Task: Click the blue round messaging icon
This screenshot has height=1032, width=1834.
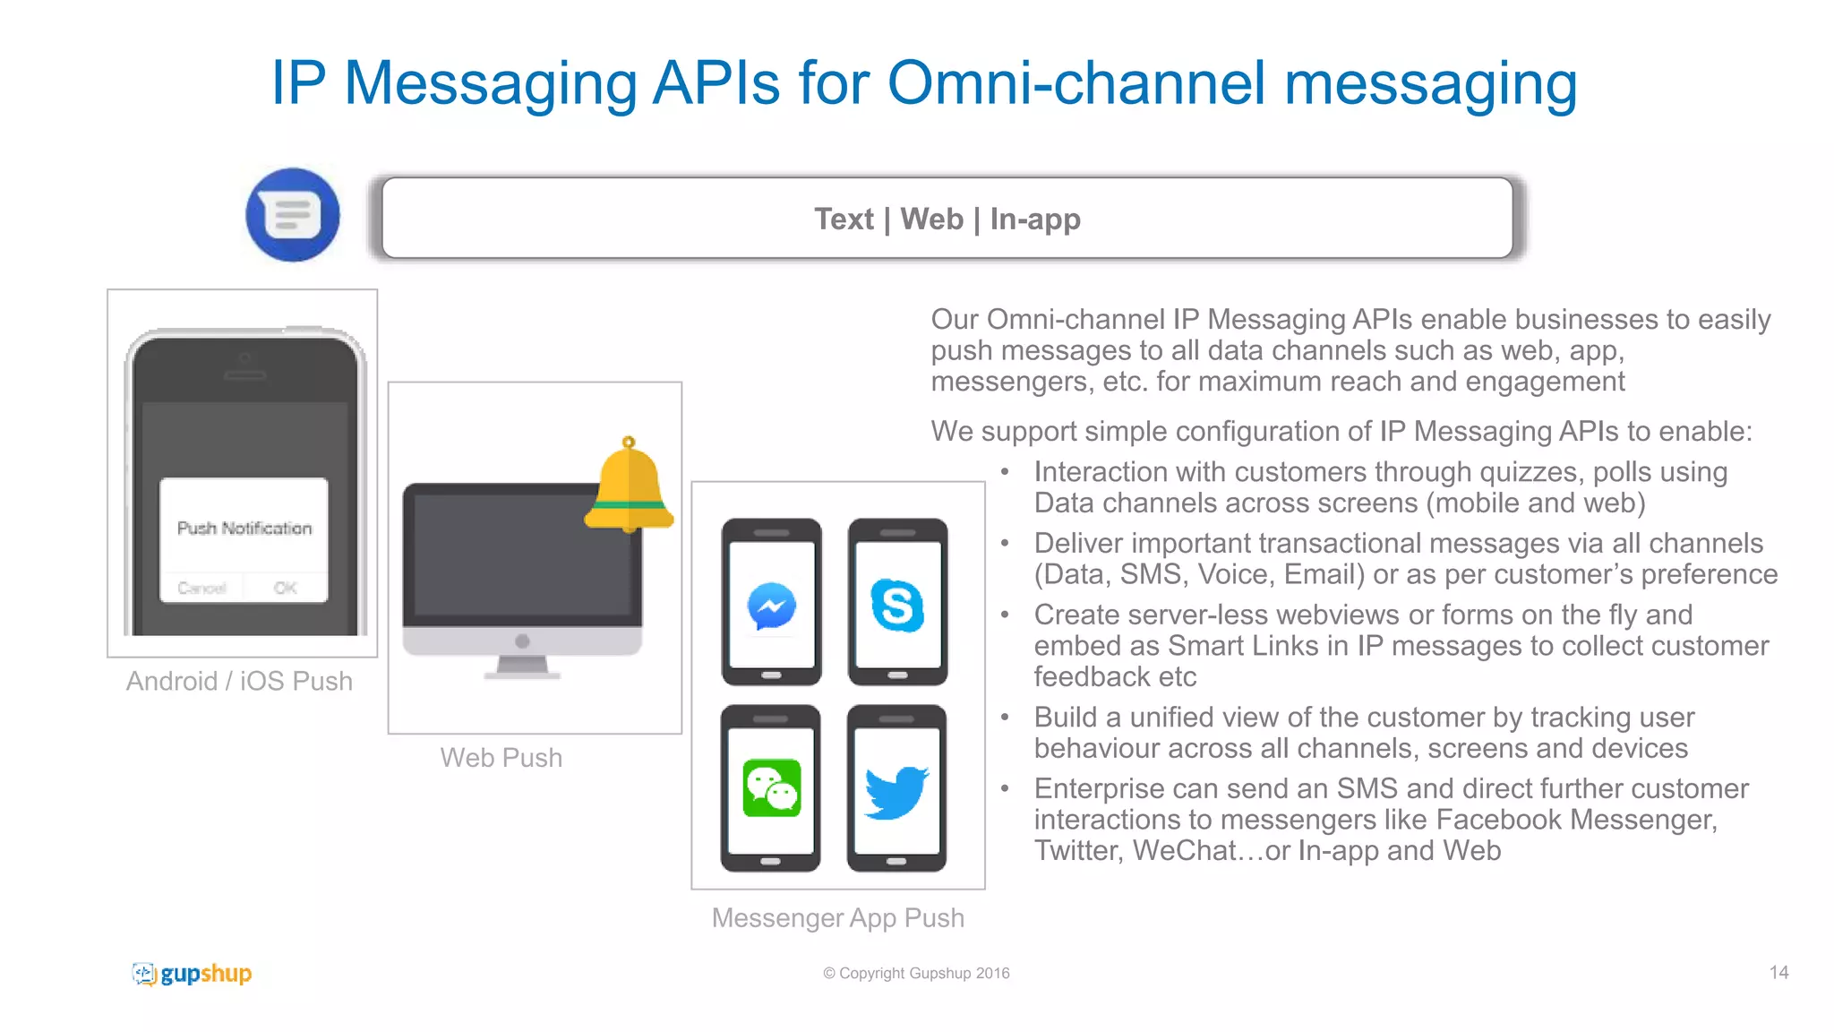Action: [x=293, y=215]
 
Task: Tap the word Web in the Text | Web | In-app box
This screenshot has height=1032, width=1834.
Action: [x=931, y=219]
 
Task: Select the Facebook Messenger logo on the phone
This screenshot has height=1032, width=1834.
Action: [x=771, y=606]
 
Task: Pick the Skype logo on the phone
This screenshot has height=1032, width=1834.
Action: [x=897, y=606]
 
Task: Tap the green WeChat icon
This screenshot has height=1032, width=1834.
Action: [x=771, y=788]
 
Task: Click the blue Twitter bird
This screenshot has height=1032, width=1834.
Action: [x=896, y=791]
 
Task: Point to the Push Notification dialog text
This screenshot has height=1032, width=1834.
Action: [x=244, y=529]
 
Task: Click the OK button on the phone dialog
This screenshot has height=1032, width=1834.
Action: [x=285, y=588]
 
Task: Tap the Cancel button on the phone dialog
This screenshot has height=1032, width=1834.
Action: [x=202, y=588]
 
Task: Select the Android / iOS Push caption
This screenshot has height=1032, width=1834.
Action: [x=239, y=681]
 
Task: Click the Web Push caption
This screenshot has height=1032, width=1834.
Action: [x=501, y=758]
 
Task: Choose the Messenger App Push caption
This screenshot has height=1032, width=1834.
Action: [x=838, y=918]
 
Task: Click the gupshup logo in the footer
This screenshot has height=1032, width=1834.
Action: [x=193, y=974]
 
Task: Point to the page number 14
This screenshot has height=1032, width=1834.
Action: [x=1778, y=973]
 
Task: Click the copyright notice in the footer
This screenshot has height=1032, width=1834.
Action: [x=916, y=974]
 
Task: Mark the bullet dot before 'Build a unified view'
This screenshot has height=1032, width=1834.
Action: [x=1005, y=717]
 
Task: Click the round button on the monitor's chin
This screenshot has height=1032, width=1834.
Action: [x=523, y=641]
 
